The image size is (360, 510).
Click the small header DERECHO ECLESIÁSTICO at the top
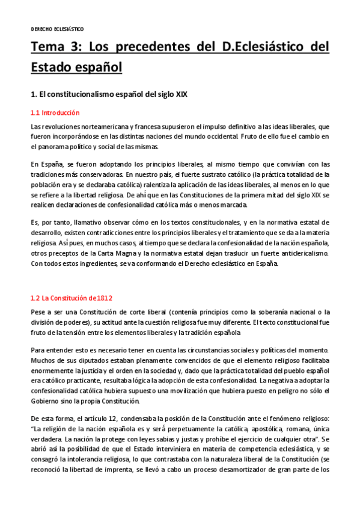(57, 29)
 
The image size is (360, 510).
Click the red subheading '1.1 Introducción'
(55, 112)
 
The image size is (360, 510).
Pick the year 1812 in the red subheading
(102, 298)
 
